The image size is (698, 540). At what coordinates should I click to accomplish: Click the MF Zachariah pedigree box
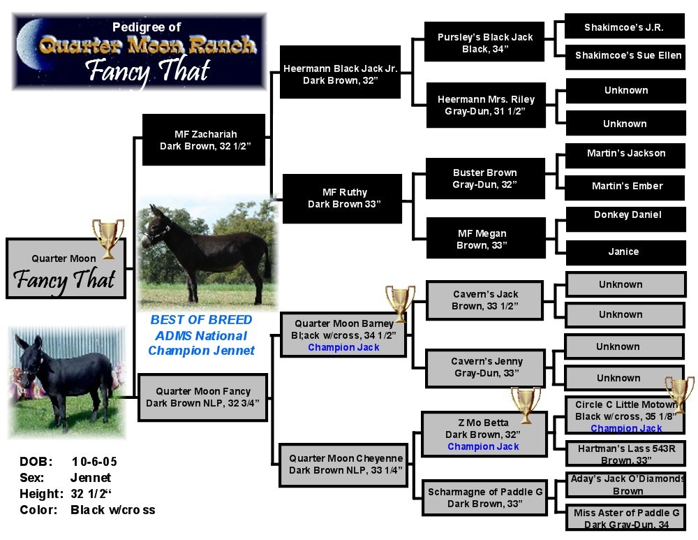pyautogui.click(x=204, y=140)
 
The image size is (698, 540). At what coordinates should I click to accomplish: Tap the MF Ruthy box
pyautogui.click(x=342, y=198)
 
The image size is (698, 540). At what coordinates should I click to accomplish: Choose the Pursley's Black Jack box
pyautogui.click(x=484, y=42)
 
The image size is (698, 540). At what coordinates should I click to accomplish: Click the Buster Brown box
pyautogui.click(x=484, y=177)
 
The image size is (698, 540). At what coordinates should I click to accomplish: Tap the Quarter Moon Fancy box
pyautogui.click(x=202, y=397)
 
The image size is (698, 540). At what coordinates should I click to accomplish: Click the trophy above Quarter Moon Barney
pyautogui.click(x=400, y=302)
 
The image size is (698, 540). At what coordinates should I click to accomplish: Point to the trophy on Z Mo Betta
pyautogui.click(x=526, y=404)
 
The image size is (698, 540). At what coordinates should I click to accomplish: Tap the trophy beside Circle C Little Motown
pyautogui.click(x=679, y=393)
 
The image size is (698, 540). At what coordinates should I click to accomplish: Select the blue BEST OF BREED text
pyautogui.click(x=201, y=320)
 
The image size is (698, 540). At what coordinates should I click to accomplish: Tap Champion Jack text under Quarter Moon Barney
pyautogui.click(x=343, y=347)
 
